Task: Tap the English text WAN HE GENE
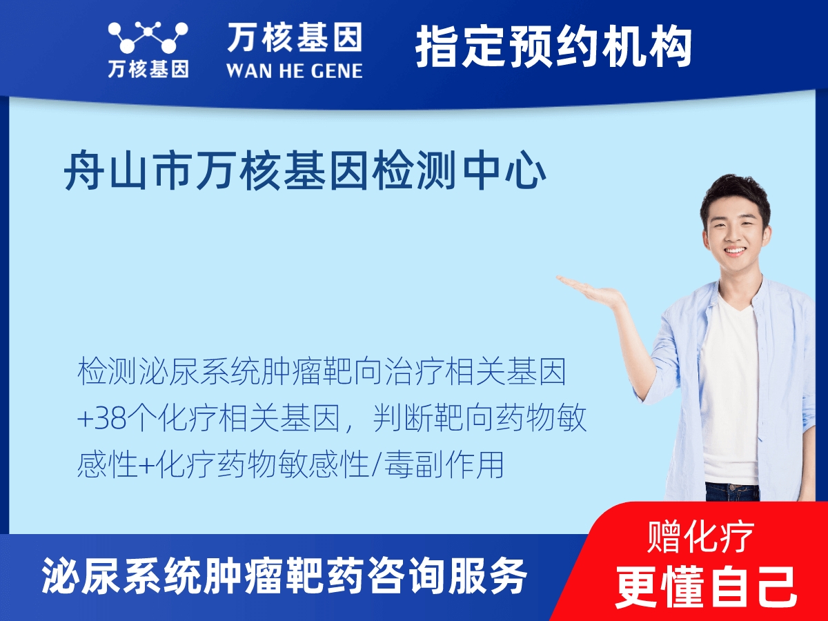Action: point(294,70)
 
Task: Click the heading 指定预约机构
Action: point(553,47)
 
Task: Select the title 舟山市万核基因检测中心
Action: point(305,172)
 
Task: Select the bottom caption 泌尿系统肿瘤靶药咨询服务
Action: point(284,575)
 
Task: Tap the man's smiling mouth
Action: point(734,251)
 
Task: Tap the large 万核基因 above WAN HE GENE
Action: point(294,37)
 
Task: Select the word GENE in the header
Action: point(334,70)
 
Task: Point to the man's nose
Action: point(734,232)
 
